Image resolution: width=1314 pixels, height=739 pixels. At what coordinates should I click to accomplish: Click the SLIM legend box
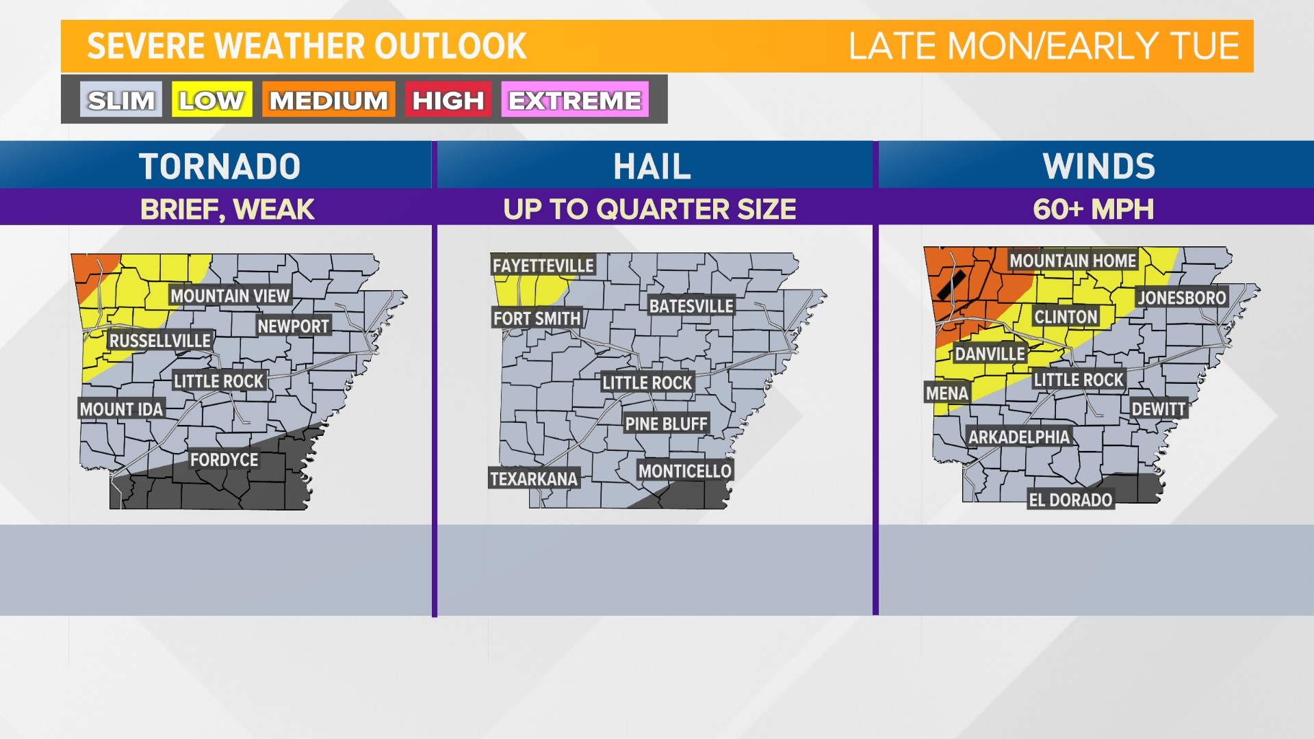121,100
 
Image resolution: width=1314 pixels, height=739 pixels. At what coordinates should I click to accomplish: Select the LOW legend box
211,100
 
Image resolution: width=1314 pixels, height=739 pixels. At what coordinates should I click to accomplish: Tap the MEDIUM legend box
328,100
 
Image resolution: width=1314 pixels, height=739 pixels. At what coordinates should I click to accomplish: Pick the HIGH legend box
448,100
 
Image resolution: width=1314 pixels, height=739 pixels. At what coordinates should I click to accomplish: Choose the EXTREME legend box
575,100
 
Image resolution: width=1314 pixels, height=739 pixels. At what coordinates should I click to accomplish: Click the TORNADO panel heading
220,166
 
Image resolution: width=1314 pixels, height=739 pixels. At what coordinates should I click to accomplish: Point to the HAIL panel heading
652,166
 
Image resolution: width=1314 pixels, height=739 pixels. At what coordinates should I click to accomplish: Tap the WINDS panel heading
1099,166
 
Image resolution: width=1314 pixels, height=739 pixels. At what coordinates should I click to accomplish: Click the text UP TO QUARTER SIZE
649,209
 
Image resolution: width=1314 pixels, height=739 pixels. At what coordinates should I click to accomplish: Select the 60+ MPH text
1093,209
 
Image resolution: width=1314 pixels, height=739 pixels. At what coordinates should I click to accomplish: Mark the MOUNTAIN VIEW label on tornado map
230,296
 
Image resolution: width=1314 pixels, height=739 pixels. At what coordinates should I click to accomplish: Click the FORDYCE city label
224,460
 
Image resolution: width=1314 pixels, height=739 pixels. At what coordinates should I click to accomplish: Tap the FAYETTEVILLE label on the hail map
543,265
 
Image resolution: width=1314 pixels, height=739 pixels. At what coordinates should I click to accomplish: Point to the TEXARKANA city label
534,478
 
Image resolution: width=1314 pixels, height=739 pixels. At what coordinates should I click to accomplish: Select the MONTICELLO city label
685,471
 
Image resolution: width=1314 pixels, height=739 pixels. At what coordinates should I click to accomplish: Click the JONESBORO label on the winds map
1182,298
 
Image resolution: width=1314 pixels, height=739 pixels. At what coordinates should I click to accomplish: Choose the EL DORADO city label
1070,500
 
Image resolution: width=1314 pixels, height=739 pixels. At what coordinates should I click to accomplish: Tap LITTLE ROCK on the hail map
647,383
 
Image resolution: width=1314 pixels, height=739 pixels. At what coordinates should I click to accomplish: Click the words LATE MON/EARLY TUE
1044,47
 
